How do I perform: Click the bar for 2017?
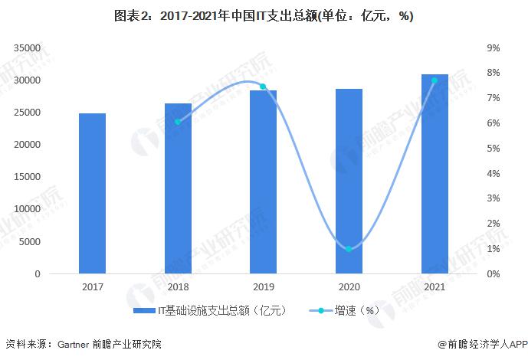click(x=92, y=193)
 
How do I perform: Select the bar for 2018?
click(x=178, y=188)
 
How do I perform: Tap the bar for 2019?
click(x=263, y=182)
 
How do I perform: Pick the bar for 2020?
click(x=349, y=181)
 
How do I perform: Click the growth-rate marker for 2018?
click(x=178, y=122)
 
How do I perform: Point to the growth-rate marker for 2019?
click(x=263, y=87)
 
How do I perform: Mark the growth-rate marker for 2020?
click(x=349, y=249)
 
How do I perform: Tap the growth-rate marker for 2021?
click(x=435, y=80)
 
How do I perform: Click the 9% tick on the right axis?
click(x=494, y=48)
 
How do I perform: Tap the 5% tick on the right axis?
click(x=494, y=149)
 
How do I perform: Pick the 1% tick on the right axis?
click(x=494, y=249)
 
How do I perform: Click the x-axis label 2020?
click(x=349, y=287)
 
